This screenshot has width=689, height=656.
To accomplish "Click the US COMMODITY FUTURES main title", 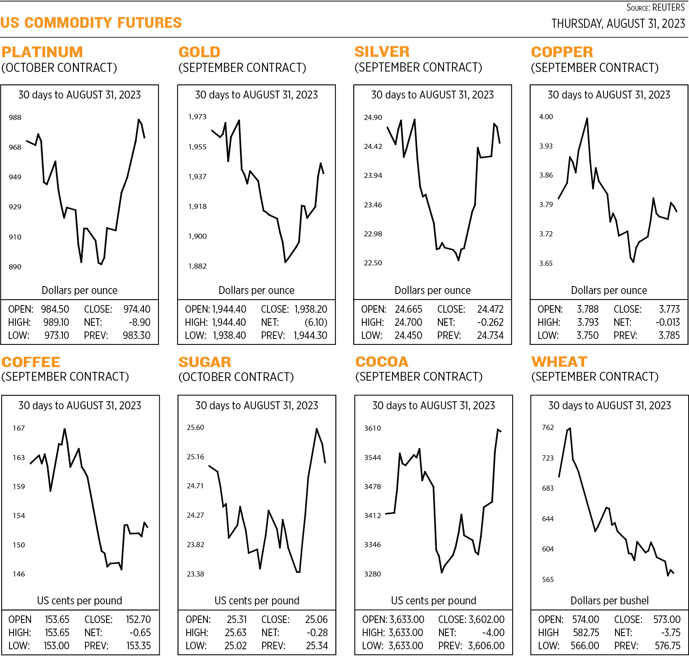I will coord(91,23).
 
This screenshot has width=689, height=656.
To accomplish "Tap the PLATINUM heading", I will coord(42,52).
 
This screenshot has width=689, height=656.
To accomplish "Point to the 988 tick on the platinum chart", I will coord(15,118).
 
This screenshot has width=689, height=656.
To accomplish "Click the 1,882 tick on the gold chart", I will coord(197,266).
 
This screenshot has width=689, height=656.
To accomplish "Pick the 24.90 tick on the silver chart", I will coord(373,118).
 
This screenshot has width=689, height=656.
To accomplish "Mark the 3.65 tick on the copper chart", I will coord(546,263).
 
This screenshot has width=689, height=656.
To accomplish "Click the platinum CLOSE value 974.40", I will coord(137,309).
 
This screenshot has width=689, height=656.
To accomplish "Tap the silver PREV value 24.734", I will coord(490,335).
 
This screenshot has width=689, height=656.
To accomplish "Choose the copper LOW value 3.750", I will coord(587,335).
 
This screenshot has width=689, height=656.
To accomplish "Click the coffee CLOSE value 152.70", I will coord(138,619).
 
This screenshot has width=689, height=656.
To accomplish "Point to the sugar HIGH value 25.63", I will coord(235,633).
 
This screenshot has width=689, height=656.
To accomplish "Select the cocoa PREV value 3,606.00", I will coord(486,646).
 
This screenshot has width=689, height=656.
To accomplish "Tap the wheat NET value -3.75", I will coord(671,633).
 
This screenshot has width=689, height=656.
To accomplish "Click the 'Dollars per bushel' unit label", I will coord(609,600).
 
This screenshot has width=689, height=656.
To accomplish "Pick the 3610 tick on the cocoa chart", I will coord(372,428).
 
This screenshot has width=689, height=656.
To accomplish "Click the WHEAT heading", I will coord(559,362).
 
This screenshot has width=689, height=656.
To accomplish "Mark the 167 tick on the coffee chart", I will coord(19,428).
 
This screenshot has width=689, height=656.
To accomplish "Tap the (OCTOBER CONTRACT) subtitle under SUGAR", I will coord(236,377).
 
